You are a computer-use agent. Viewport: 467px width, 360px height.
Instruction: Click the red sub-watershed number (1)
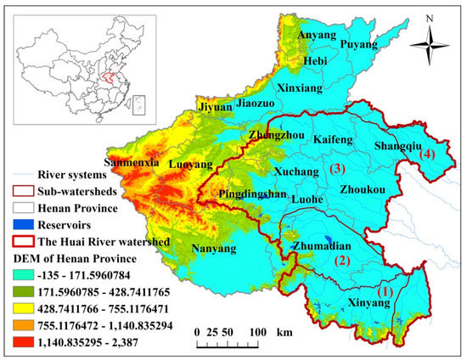coord(385,290)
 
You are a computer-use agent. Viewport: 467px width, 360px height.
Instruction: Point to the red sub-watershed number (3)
coord(338,169)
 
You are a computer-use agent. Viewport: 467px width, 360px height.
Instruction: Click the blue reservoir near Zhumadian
coord(329,240)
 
